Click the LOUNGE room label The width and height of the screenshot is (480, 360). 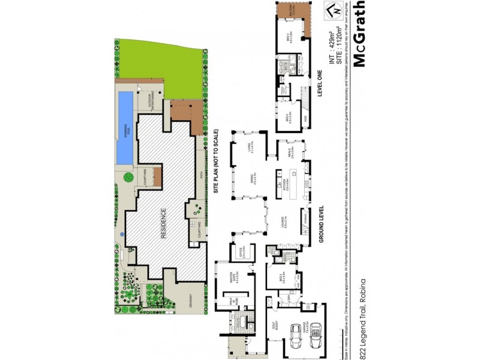coord(286,224)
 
